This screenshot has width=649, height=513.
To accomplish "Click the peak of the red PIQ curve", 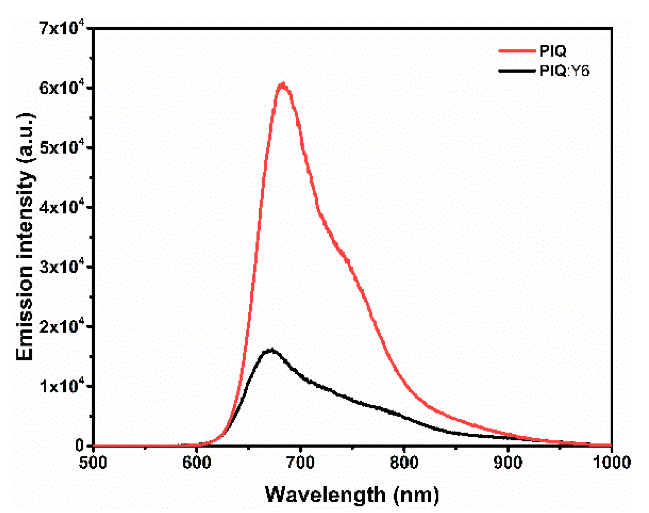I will [x=283, y=85].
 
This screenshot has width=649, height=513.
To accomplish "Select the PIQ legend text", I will [x=553, y=51].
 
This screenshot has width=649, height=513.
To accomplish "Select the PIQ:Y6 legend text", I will [x=564, y=71].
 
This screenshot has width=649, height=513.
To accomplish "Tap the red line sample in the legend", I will [x=517, y=51].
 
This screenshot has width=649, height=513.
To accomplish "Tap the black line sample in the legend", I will [x=517, y=71].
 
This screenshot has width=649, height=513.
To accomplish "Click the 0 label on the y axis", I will [x=80, y=445].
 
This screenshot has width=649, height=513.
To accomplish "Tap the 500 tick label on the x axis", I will [x=93, y=463].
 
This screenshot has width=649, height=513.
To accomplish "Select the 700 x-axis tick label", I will [x=300, y=463].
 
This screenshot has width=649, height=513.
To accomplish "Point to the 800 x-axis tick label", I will [x=404, y=463].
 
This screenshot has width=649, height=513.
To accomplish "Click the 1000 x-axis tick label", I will [x=612, y=463].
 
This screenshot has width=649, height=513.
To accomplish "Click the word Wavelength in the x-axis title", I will [x=325, y=495].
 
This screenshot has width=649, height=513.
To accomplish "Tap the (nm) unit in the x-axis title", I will [x=416, y=495].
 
